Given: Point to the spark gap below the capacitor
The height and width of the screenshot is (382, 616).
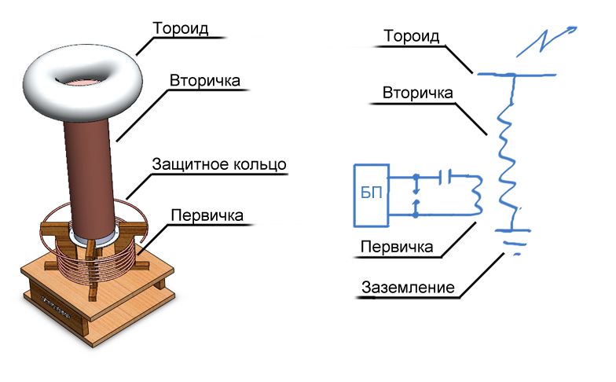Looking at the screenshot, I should tap(416, 195).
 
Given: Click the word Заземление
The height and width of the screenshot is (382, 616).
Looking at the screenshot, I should tap(408, 287).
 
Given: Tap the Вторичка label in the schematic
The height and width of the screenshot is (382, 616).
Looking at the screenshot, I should tap(416, 93).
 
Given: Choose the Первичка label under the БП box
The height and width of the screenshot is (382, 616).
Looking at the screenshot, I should tap(396, 247).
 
